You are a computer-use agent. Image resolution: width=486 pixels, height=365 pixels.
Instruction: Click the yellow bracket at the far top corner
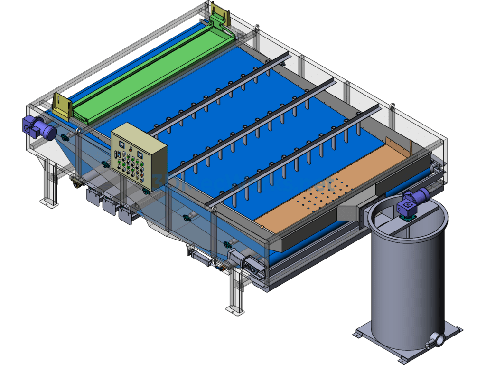(220, 14)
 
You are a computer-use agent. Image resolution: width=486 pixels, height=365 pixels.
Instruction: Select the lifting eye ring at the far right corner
(392, 106)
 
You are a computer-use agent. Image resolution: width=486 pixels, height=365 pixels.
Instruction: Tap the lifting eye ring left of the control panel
(77, 129)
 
